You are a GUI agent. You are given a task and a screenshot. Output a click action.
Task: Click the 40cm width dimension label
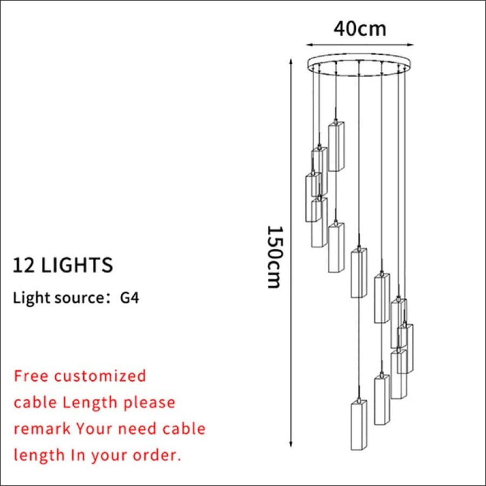coord(360,29)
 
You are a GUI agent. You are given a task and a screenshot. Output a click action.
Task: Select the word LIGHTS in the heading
coord(77,265)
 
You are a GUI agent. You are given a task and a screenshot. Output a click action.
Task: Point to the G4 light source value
coord(130,298)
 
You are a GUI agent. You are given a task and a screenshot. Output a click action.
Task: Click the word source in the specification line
coord(78,298)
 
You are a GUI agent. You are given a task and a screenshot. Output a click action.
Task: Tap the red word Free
coord(31,376)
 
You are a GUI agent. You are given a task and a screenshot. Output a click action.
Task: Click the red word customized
coord(100,376)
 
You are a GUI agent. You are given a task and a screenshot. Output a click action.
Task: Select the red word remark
coord(42,429)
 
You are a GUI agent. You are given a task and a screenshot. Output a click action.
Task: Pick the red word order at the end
coord(157,455)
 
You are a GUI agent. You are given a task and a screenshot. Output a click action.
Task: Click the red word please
coord(150,403)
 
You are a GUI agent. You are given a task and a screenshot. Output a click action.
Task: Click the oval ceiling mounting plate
coord(359,58)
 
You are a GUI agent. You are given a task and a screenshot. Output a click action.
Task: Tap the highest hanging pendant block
coord(336,146)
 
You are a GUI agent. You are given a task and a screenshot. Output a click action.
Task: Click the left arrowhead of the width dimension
coord(309,45)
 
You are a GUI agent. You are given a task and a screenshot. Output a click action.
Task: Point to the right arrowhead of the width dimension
coord(411,45)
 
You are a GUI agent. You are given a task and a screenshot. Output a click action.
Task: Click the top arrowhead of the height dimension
coord(291,62)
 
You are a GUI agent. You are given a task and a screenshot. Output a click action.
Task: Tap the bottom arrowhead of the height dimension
coord(291,444)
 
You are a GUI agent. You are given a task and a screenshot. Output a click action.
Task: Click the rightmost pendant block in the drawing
coord(406,349)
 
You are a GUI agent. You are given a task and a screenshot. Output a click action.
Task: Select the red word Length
coord(90,403)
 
